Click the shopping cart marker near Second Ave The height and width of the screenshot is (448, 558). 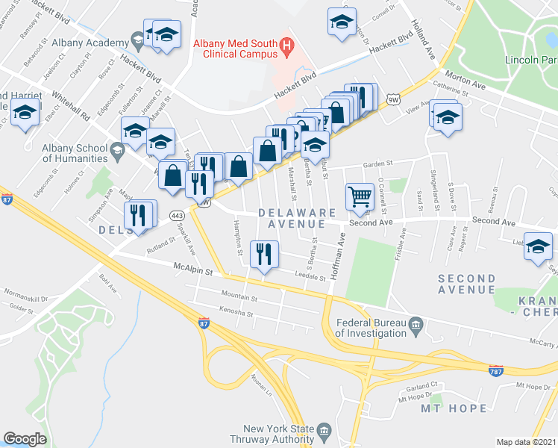(360, 196)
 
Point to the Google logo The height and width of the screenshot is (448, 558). (25, 439)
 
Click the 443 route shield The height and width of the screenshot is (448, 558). (178, 216)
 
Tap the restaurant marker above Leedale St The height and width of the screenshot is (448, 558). (263, 254)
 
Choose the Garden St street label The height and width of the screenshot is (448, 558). (377, 165)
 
